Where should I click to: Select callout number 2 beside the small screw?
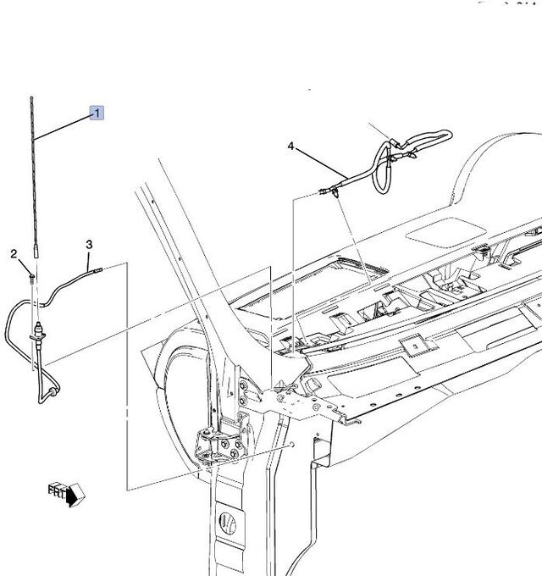pos(14,253)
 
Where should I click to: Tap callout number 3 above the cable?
pos(89,246)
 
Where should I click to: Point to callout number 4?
pos(291,147)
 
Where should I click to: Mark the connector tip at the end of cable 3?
pos(98,270)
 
